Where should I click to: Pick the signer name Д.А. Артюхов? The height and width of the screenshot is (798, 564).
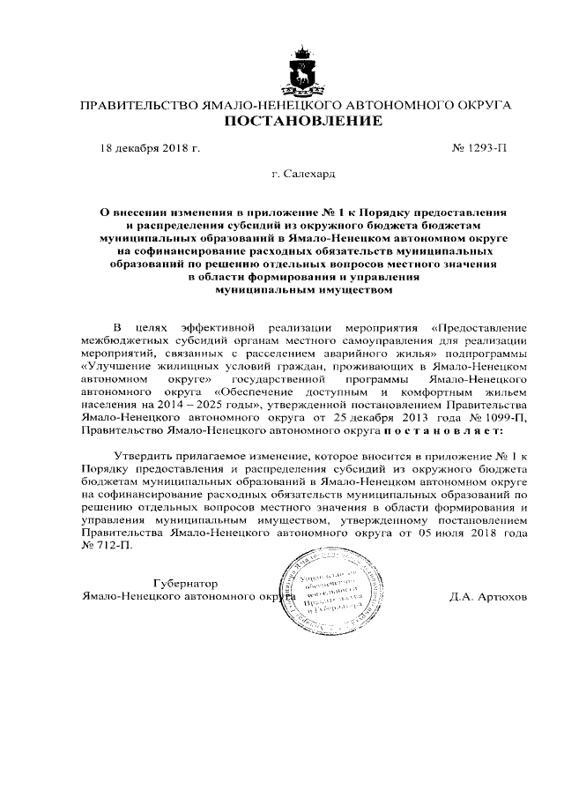(487, 597)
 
